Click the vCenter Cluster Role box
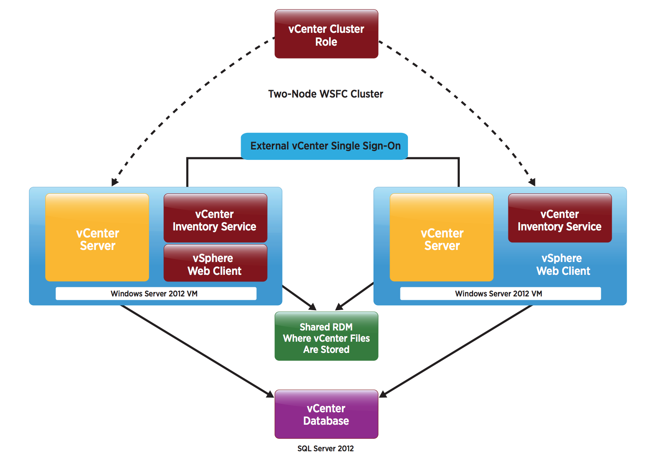(x=326, y=34)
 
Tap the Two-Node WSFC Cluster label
(x=325, y=94)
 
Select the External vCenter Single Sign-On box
(x=325, y=146)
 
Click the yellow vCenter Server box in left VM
(x=97, y=237)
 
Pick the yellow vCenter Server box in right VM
(x=442, y=237)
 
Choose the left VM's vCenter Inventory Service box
(x=215, y=218)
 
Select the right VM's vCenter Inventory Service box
(x=559, y=218)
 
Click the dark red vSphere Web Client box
(x=215, y=263)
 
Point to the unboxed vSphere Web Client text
(x=562, y=264)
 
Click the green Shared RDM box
(x=326, y=336)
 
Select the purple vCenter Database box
(x=326, y=414)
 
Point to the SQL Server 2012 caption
(x=325, y=448)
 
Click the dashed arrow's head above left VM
(x=115, y=182)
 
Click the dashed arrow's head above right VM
(x=532, y=182)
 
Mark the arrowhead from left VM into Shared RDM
(x=312, y=307)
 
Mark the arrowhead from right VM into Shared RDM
(x=339, y=307)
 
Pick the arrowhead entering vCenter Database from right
(x=383, y=394)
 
